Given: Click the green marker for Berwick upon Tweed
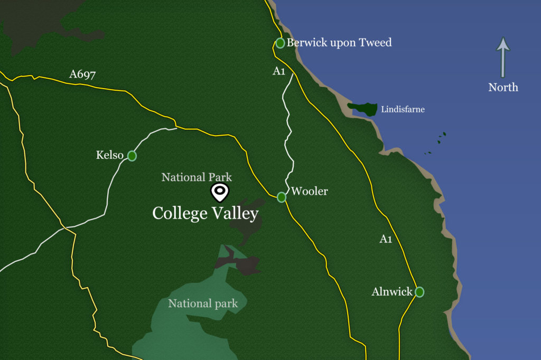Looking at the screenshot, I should (280, 43).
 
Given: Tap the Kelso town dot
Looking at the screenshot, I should (132, 156).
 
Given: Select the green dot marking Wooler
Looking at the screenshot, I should (282, 197).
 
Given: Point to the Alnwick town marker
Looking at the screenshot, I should (419, 292).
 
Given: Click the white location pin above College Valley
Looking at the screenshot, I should (219, 192).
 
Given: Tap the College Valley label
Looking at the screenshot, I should (205, 213).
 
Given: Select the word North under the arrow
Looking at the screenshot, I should (503, 88).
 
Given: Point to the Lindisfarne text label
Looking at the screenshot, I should (403, 110).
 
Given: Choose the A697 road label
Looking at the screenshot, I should (82, 74).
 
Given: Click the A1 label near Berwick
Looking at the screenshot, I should (279, 71).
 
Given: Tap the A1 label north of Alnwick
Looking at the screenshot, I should (386, 239).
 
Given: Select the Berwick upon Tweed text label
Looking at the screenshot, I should (339, 42).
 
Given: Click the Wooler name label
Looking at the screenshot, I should (310, 191).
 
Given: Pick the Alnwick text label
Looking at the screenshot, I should (391, 292).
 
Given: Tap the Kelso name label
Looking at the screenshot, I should (109, 155).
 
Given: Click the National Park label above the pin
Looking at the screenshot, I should (197, 177).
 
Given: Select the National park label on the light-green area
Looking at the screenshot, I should (203, 304).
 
